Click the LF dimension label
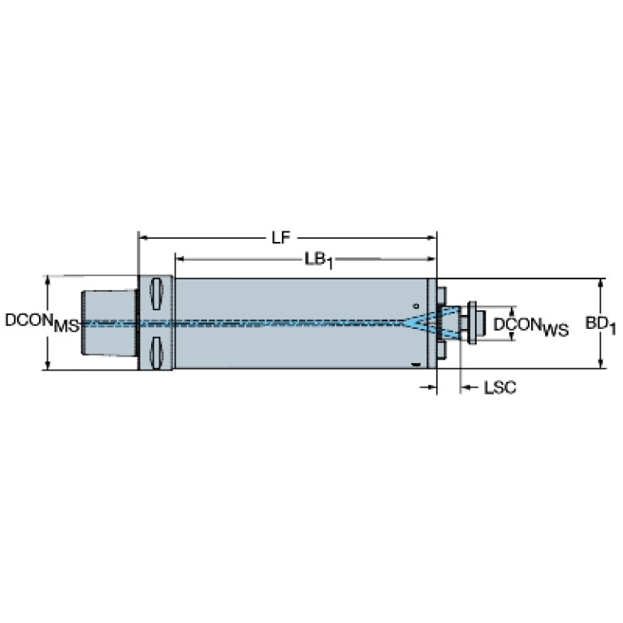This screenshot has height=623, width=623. click(x=281, y=238)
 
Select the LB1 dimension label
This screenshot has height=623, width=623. click(x=318, y=261)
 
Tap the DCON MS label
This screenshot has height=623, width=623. click(x=42, y=322)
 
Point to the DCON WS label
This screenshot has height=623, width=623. click(x=531, y=327)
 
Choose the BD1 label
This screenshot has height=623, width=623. click(x=600, y=325)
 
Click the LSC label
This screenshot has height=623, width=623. click(x=500, y=387)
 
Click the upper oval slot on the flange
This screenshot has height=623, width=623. click(x=156, y=294)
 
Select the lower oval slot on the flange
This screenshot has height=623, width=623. click(x=156, y=353)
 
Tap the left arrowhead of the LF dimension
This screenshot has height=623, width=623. click(x=143, y=238)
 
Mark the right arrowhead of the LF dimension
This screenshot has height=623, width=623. click(x=431, y=238)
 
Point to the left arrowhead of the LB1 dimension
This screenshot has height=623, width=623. click(x=180, y=259)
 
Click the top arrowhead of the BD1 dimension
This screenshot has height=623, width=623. click(x=601, y=283)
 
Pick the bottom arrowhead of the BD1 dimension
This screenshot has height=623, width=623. click(x=601, y=364)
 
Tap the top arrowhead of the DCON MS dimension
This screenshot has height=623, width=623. click(x=48, y=279)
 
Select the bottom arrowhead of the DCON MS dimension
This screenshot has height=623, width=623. click(x=48, y=366)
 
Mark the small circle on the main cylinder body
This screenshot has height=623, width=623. click(x=417, y=306)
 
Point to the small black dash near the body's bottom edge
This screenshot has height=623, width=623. click(x=416, y=364)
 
